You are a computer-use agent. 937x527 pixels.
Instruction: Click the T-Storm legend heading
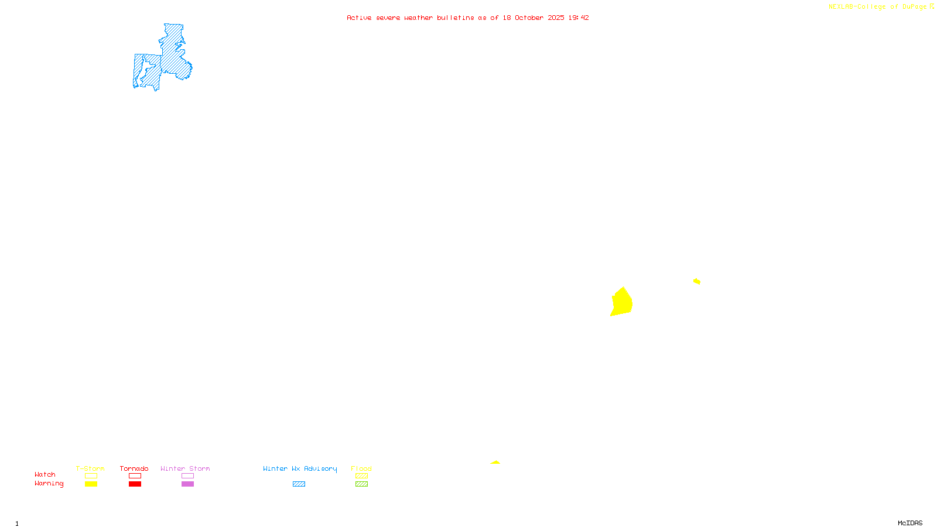(x=90, y=468)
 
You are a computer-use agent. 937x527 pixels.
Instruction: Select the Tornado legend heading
(x=134, y=468)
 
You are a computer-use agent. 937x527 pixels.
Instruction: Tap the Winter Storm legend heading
(x=185, y=468)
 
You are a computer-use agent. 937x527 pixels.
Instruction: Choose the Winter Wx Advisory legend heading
(x=300, y=468)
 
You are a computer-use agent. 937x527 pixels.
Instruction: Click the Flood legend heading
(x=361, y=468)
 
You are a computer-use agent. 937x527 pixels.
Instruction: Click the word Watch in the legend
(x=45, y=474)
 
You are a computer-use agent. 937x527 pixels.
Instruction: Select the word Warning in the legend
(x=49, y=484)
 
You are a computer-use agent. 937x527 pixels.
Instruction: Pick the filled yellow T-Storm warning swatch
(x=91, y=484)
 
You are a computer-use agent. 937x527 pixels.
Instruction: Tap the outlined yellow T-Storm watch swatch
(x=91, y=476)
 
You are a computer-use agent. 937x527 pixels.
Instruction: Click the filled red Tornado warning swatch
(x=135, y=484)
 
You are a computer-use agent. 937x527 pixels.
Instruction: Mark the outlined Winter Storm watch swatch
(x=187, y=476)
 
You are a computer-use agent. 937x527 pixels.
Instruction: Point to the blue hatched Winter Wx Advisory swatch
(x=299, y=484)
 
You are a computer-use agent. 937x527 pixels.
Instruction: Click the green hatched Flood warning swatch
(x=361, y=484)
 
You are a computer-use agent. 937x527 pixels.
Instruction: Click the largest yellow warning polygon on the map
(x=621, y=302)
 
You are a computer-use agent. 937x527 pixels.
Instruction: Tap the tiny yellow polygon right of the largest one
(x=697, y=282)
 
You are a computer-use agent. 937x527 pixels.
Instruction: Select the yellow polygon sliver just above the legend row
(x=495, y=463)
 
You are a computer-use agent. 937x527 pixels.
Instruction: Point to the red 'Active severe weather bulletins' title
(x=468, y=18)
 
